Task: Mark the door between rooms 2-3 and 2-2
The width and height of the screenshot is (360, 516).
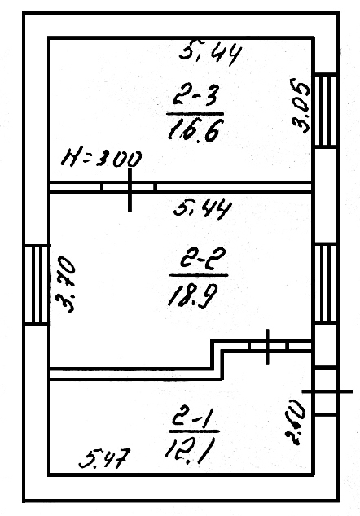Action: pyautogui.click(x=129, y=188)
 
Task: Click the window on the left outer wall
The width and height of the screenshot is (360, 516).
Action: pyautogui.click(x=37, y=284)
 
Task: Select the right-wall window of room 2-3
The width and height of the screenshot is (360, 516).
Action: pyautogui.click(x=325, y=110)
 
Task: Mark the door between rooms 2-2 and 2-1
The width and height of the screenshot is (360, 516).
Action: pyautogui.click(x=269, y=345)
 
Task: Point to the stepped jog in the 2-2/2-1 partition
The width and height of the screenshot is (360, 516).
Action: pyautogui.click(x=218, y=358)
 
